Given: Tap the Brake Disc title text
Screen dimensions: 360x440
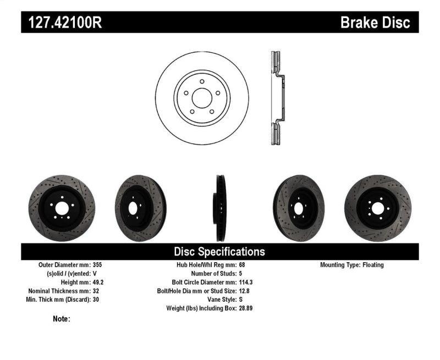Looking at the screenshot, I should tap(375, 23).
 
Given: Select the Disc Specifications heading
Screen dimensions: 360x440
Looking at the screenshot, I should tap(219, 252).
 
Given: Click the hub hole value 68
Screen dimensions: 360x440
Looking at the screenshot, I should tap(243, 265).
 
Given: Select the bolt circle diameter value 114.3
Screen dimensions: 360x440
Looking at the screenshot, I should tap(246, 282).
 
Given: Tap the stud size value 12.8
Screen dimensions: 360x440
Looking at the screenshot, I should tap(245, 291).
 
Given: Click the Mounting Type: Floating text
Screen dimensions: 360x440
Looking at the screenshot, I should tap(352, 265).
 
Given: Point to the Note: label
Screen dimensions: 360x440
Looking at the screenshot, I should tap(62, 319).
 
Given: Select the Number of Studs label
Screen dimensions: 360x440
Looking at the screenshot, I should tap(213, 274).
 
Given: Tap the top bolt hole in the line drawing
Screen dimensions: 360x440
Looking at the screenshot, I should tap(202, 82).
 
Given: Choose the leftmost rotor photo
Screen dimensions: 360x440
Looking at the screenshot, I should tap(62, 208).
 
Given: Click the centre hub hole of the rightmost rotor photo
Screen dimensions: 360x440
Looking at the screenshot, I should tap(377, 208).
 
